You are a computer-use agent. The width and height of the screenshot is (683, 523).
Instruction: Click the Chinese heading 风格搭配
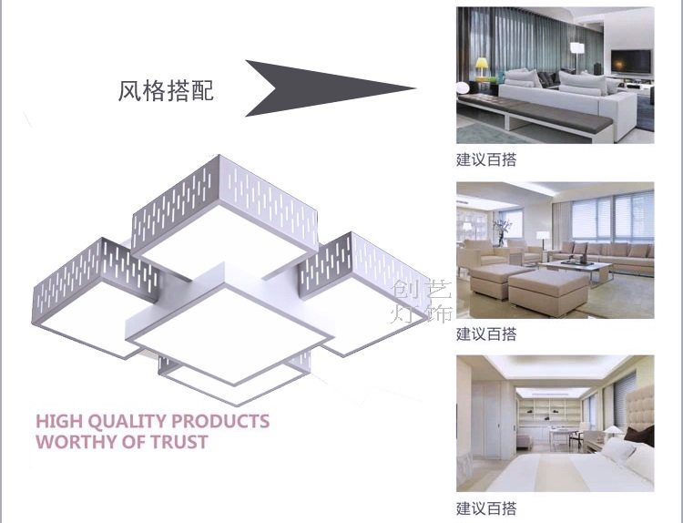[166, 91]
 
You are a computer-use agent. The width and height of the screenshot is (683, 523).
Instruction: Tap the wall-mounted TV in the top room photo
[631, 61]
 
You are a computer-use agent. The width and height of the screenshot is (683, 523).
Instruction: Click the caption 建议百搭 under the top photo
[486, 160]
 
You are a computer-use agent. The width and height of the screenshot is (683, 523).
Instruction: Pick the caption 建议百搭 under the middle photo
[486, 334]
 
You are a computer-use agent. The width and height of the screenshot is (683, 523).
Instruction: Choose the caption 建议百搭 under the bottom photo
[486, 508]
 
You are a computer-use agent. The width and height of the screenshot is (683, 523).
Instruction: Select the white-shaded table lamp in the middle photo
[543, 237]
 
